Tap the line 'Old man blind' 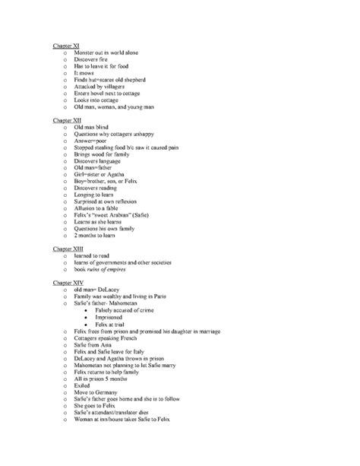pos(95,128)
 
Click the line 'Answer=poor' pos(93,142)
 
